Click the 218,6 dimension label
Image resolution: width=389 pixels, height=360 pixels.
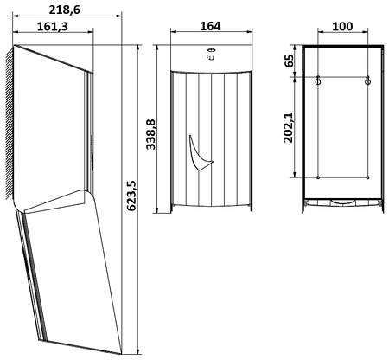pyautogui.click(x=64, y=10)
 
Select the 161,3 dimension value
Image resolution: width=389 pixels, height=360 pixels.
pyautogui.click(x=53, y=26)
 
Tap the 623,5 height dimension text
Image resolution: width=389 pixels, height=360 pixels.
pyautogui.click(x=131, y=196)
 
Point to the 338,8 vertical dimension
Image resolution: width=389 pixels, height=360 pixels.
pyautogui.click(x=150, y=134)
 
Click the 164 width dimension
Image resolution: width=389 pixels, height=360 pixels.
pyautogui.click(x=210, y=26)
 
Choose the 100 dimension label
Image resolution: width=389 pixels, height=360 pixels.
pyautogui.click(x=342, y=26)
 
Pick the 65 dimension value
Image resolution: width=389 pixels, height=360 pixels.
pyautogui.click(x=289, y=61)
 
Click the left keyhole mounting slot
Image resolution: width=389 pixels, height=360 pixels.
pyautogui.click(x=318, y=80)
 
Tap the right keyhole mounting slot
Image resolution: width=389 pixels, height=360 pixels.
pyautogui.click(x=367, y=80)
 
